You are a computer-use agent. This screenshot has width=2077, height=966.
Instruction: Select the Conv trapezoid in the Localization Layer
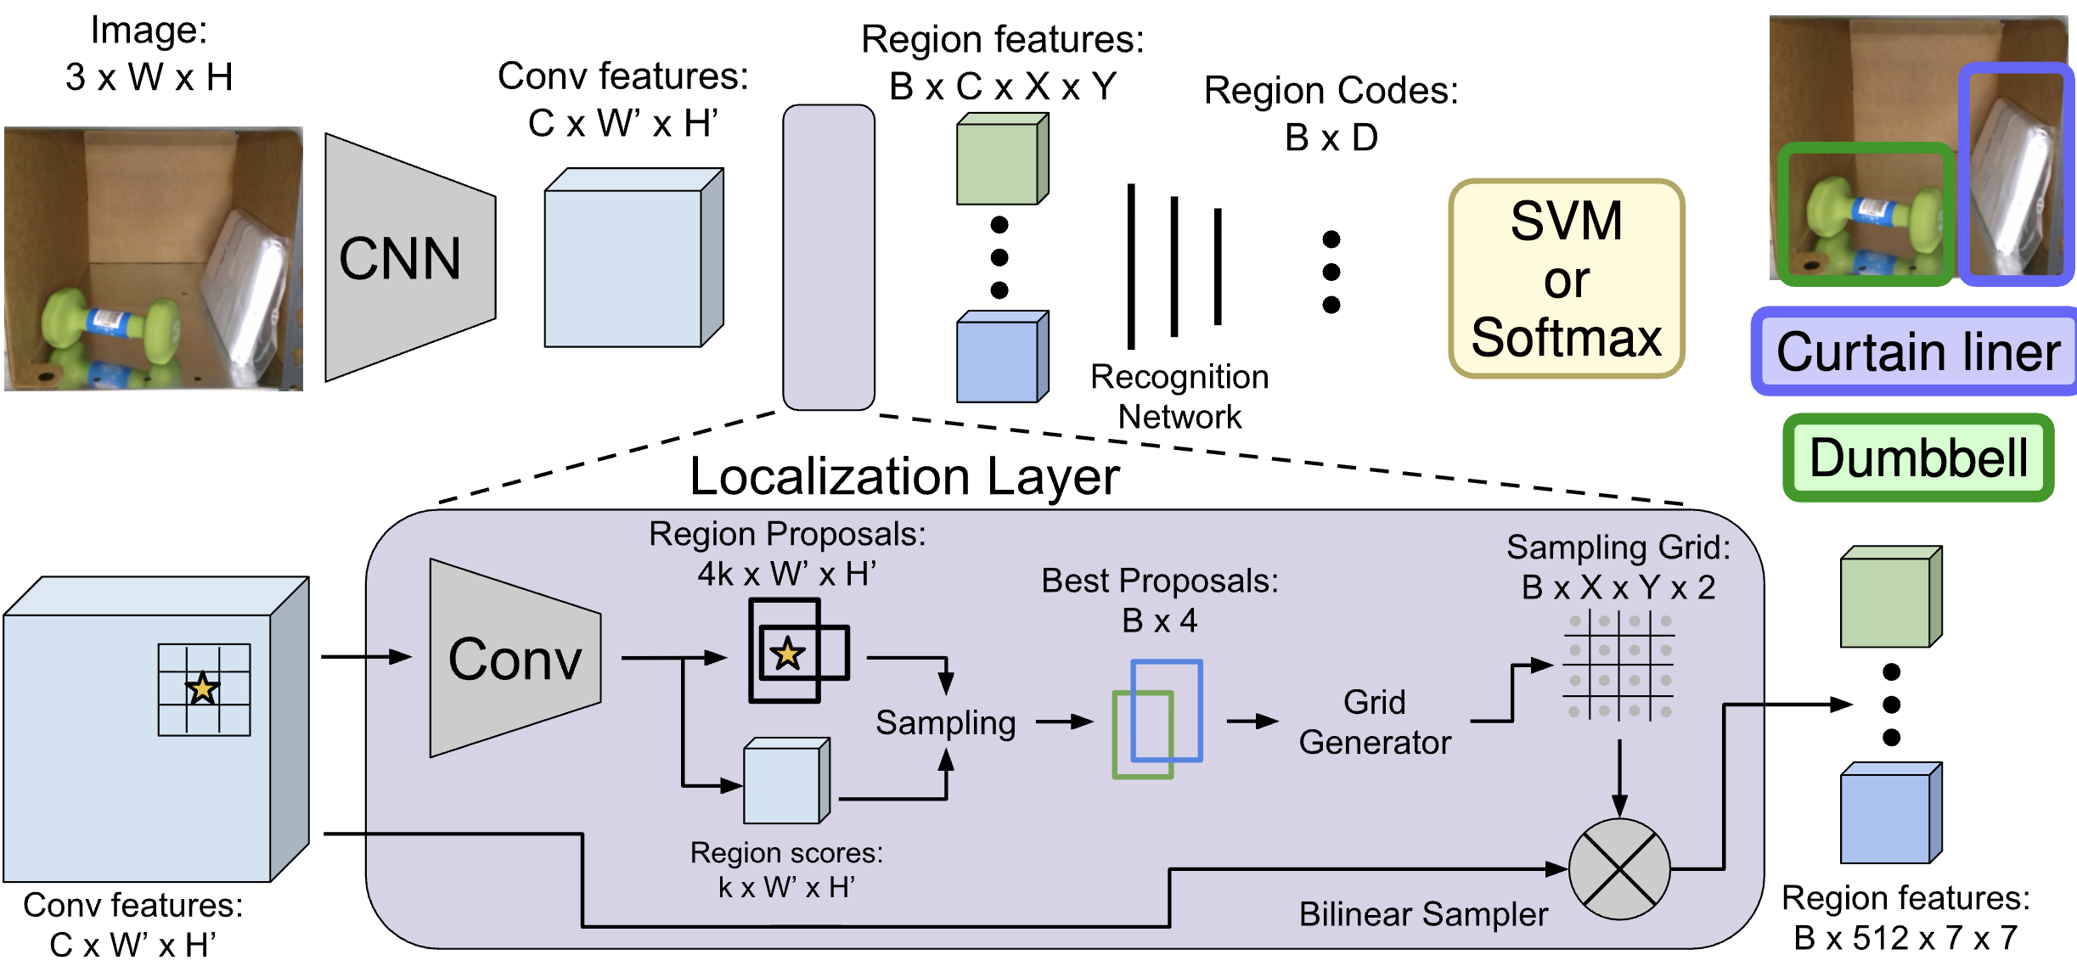513,659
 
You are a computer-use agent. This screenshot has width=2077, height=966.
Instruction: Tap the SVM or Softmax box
1566,278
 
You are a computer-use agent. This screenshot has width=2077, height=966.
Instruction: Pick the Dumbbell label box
1917,458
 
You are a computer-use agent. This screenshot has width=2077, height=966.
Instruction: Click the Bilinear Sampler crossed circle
1619,869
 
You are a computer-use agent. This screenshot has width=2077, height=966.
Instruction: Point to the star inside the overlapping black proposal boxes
787,654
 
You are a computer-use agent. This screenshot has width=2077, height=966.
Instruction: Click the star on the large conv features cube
202,688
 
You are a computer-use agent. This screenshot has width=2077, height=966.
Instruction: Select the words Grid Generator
1374,722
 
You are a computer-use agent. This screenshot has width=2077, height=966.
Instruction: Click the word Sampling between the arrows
945,722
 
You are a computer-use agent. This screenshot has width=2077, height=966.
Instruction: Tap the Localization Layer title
904,476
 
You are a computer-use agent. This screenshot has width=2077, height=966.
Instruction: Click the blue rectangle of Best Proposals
1168,710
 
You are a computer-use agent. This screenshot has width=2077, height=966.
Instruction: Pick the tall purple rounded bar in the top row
828,257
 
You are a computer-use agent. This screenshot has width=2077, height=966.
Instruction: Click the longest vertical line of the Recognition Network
1130,266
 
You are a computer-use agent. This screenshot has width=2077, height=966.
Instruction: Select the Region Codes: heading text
1331,91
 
